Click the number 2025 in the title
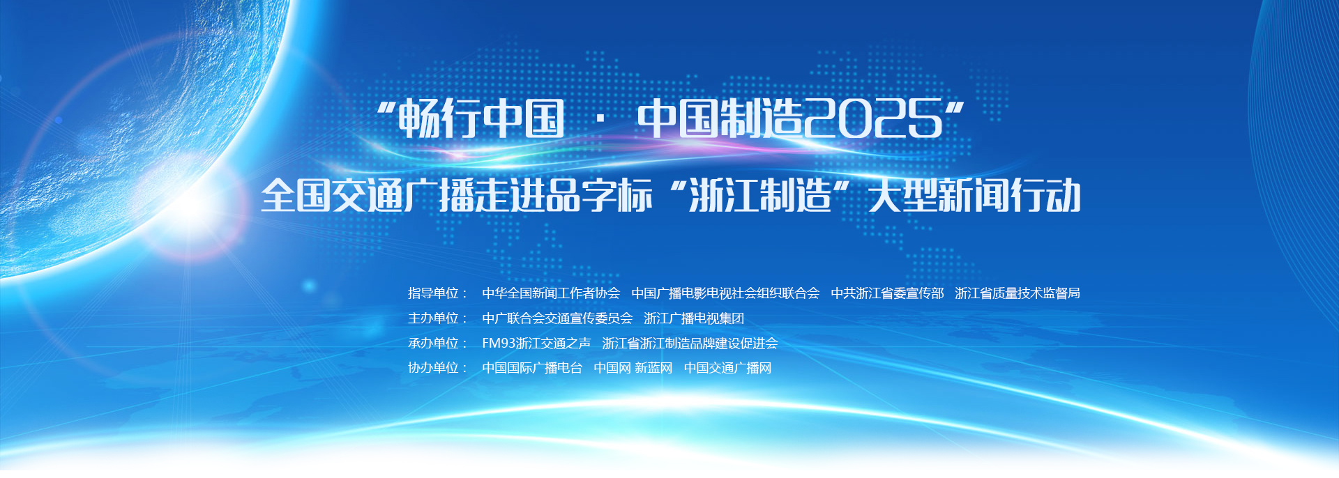tap(873, 118)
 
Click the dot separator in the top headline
tap(600, 119)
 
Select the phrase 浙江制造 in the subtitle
tap(759, 196)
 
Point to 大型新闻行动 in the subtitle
tap(975, 196)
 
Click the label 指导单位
tap(433, 293)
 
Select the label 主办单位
tap(433, 318)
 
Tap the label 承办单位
tap(433, 343)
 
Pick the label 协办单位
tap(433, 368)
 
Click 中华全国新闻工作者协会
tap(551, 293)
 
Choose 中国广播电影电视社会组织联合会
tap(725, 293)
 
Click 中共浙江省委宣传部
tap(887, 293)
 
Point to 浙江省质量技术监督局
tap(1018, 293)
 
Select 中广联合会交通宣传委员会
tap(557, 318)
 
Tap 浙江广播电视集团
tap(694, 318)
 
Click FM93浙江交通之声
tap(536, 343)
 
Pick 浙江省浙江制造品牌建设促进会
tap(690, 343)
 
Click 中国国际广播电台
tap(532, 368)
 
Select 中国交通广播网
tap(727, 368)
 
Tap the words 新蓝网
tap(653, 368)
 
